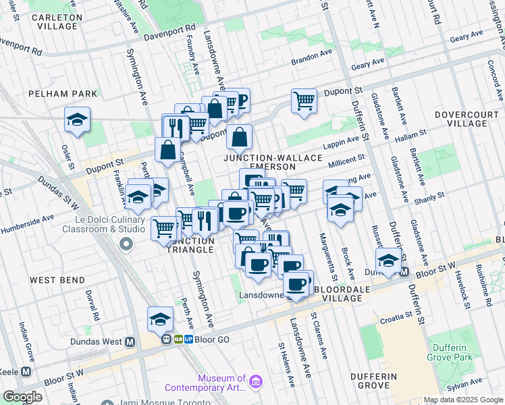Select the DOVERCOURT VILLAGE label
(x=470, y=119)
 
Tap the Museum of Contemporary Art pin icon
(x=255, y=383)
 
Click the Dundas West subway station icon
(x=129, y=342)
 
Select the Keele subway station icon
(x=26, y=371)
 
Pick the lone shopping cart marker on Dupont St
(x=304, y=101)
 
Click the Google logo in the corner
(x=22, y=397)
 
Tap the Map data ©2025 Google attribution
(x=462, y=400)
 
